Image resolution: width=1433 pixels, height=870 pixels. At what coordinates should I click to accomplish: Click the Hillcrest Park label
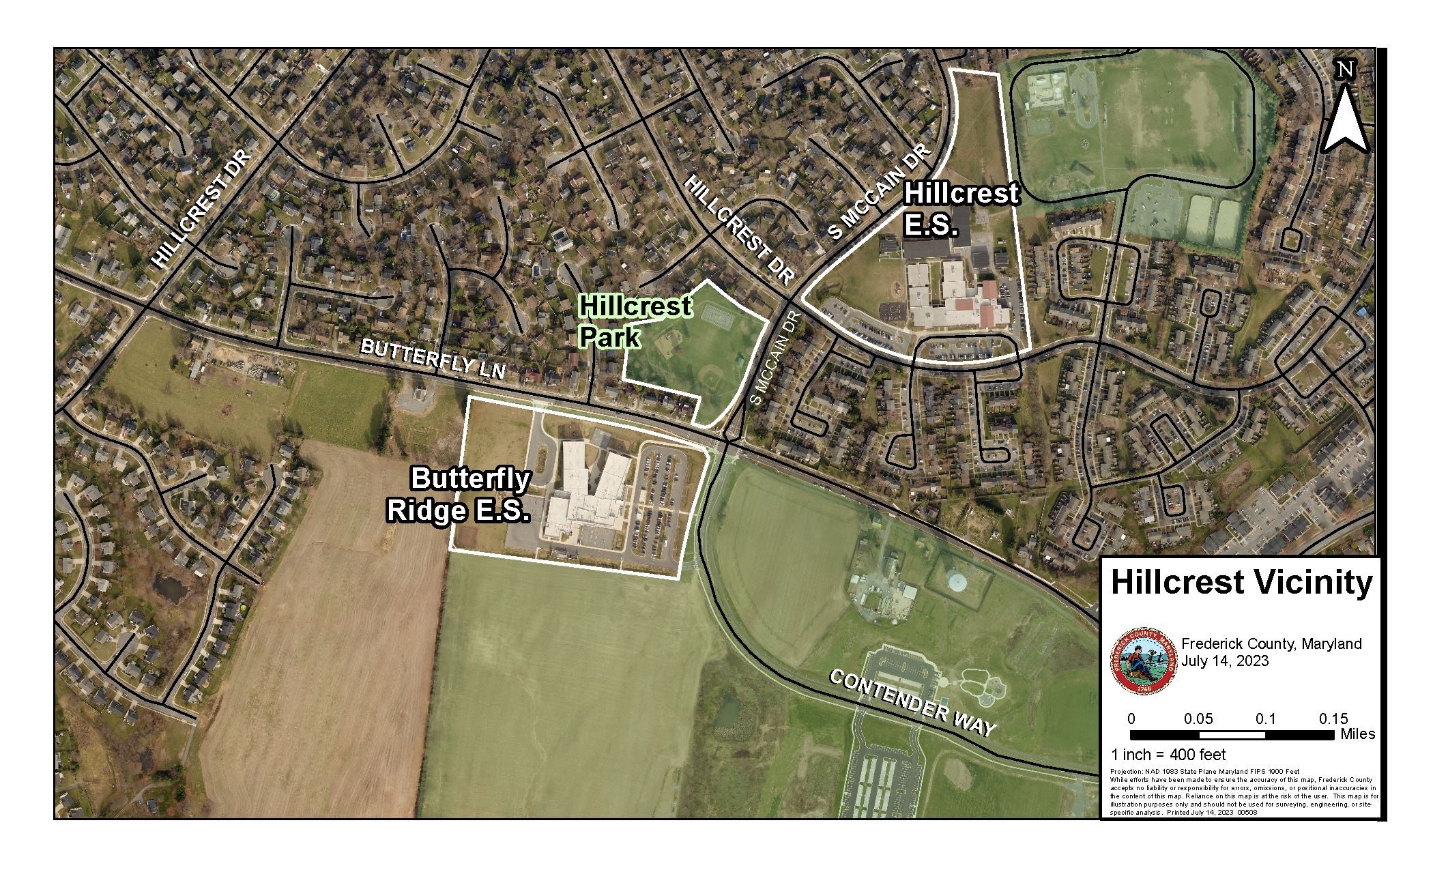click(633, 321)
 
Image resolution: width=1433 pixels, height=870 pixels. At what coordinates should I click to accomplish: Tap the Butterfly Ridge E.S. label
click(460, 495)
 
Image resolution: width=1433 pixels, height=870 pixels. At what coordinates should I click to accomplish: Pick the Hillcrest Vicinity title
click(1241, 582)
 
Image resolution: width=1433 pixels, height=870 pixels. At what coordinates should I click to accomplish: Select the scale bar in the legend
click(1232, 735)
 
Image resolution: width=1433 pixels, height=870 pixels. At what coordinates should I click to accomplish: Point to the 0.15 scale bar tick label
click(1333, 719)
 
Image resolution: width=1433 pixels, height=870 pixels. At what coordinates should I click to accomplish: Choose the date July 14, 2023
click(1225, 661)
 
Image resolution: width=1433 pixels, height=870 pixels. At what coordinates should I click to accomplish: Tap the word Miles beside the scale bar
click(1357, 734)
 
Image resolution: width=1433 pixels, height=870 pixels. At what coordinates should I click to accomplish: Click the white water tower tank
click(957, 582)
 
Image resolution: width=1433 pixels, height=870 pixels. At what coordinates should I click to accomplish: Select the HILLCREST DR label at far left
click(201, 209)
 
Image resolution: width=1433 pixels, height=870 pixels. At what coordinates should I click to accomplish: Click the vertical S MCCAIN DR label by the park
click(777, 359)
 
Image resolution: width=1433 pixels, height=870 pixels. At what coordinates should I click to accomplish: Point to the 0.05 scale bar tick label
click(1198, 719)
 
